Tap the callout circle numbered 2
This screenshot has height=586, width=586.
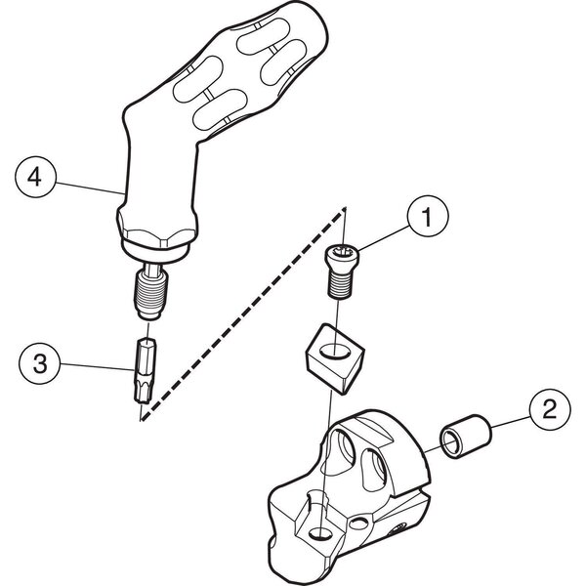(x=550, y=409)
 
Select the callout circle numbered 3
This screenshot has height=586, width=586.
(x=40, y=363)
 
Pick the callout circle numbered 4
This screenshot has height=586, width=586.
(x=35, y=177)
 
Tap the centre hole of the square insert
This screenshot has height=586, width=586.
(x=336, y=352)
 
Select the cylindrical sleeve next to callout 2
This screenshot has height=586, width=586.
(x=466, y=437)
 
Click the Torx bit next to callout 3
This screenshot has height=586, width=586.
(x=145, y=370)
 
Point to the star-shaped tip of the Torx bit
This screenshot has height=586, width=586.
(x=144, y=392)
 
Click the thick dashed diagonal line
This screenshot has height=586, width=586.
(x=243, y=314)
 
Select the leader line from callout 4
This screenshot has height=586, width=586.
(x=90, y=188)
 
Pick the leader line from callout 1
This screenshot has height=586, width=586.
(x=384, y=237)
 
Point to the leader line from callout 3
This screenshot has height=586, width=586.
(x=97, y=367)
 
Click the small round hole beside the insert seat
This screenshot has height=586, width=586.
(x=358, y=523)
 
